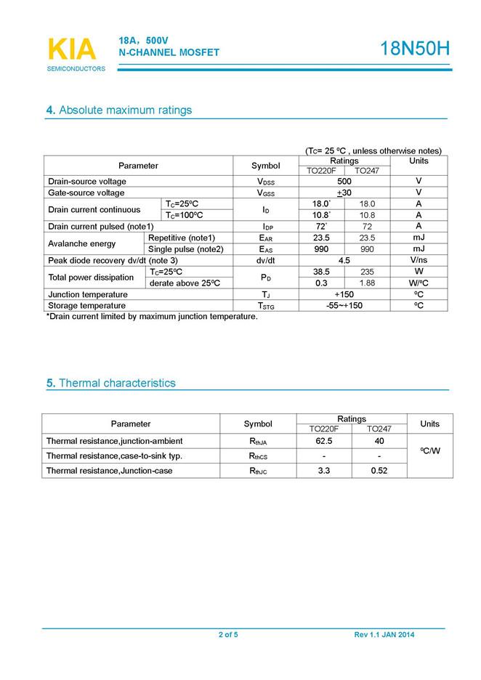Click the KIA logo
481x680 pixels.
71,49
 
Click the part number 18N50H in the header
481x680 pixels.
415,49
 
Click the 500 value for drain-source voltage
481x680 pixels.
344,181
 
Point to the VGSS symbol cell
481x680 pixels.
265,193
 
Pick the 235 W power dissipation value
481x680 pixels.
367,272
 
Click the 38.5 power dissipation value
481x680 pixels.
321,272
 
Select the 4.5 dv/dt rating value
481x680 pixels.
344,260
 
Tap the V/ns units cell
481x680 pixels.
419,260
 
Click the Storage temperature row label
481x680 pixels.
87,306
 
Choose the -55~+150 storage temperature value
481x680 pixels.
344,306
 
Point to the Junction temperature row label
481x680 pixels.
88,294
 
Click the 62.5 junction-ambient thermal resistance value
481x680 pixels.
324,441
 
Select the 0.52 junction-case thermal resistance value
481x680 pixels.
379,470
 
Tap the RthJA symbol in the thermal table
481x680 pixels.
258,441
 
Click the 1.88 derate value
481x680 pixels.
367,283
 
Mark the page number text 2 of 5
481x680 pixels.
228,635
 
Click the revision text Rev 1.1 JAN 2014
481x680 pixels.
384,635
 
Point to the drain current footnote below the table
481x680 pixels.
152,317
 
